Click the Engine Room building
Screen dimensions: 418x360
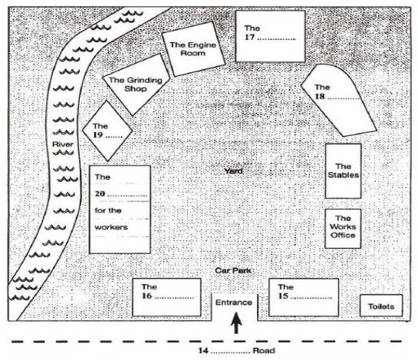click(x=193, y=49)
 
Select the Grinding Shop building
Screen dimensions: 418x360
click(x=136, y=84)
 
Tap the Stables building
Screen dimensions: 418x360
click(x=343, y=171)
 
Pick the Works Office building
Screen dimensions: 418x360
click(x=343, y=229)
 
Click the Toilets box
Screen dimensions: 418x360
click(x=381, y=306)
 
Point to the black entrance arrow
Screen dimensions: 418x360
click(x=236, y=323)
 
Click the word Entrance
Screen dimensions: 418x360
click(x=234, y=302)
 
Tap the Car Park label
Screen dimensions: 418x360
click(x=233, y=270)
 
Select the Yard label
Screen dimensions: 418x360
click(x=233, y=171)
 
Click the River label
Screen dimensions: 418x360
click(x=63, y=144)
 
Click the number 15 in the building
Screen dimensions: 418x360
click(x=283, y=296)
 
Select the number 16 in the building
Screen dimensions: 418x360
click(x=147, y=296)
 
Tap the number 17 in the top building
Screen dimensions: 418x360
click(x=250, y=37)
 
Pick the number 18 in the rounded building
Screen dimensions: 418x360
click(x=320, y=97)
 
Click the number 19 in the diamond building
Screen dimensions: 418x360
click(x=98, y=135)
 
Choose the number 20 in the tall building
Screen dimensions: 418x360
click(x=100, y=193)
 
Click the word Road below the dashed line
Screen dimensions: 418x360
click(x=264, y=350)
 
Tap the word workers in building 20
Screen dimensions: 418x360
click(x=111, y=227)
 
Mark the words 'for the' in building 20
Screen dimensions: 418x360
click(x=108, y=210)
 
